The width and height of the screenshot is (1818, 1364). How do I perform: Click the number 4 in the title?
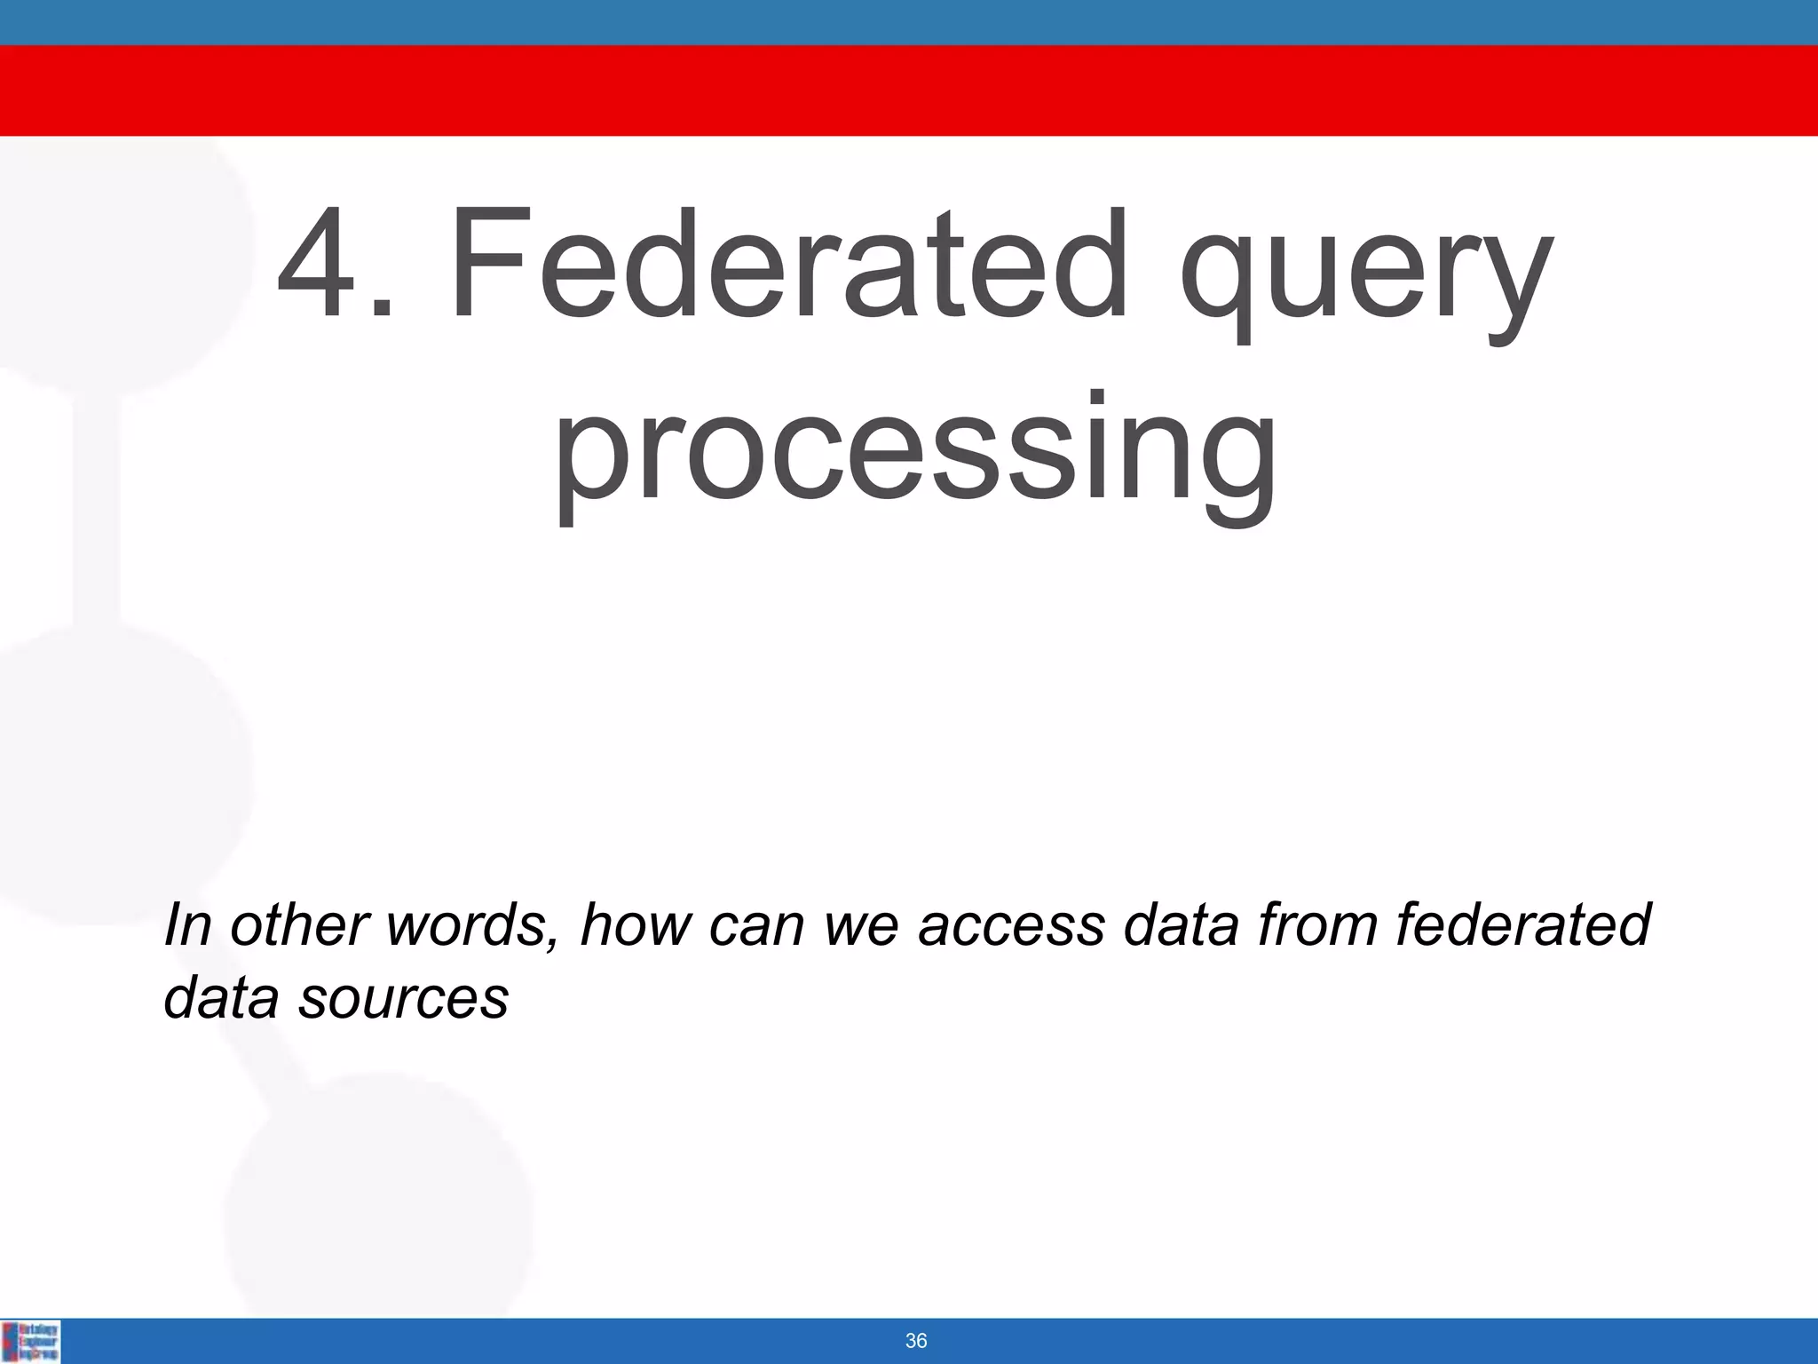(x=321, y=264)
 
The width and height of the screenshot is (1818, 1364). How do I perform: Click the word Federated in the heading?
(x=788, y=264)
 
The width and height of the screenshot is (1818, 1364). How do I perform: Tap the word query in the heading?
(x=1367, y=275)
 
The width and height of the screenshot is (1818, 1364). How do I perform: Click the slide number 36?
(x=915, y=1341)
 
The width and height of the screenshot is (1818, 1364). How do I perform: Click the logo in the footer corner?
(x=31, y=1341)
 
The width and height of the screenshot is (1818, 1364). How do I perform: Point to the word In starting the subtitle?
(x=187, y=924)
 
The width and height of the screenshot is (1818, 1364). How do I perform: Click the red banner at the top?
(x=909, y=91)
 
